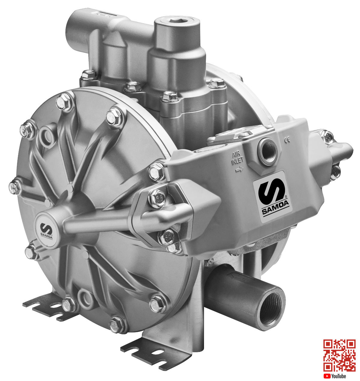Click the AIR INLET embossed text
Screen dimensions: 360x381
pos(238,159)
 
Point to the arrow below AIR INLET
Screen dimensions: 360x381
pos(239,169)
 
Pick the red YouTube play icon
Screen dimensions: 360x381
pos(327,376)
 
